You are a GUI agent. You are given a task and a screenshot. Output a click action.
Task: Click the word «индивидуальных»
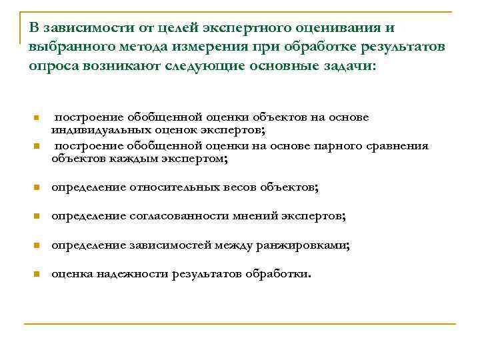99,129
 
